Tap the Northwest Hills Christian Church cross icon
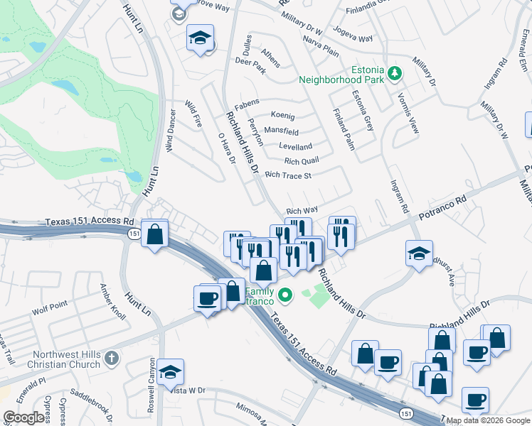111,359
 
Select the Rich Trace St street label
288,175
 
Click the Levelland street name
295,146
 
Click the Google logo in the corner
23,417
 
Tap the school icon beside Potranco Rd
420,252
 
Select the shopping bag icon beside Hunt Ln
154,234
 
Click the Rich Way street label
302,211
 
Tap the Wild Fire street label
193,114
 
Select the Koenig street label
282,116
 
